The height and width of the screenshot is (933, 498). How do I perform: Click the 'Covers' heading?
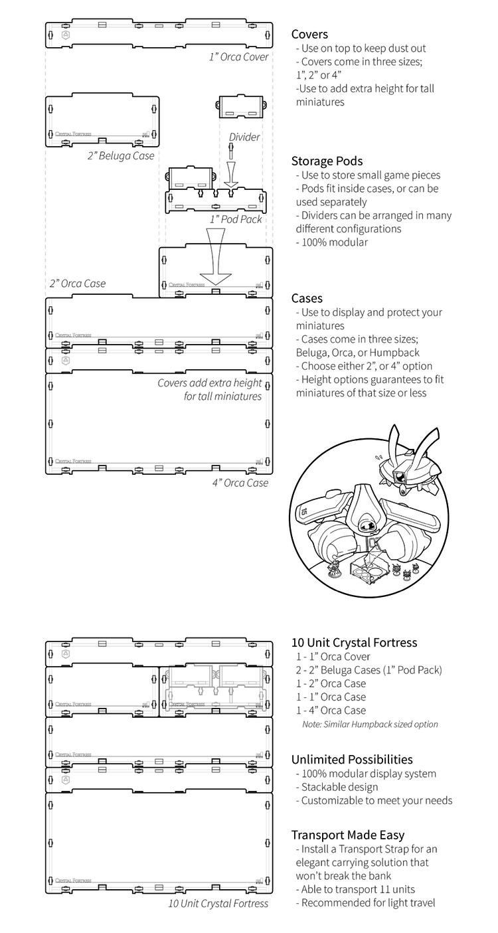(309, 35)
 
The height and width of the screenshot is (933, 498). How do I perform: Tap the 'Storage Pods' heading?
(327, 161)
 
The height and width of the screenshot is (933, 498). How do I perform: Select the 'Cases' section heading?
(307, 299)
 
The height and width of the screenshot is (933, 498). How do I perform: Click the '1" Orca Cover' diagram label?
(238, 57)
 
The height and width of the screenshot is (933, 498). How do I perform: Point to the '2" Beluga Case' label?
(120, 156)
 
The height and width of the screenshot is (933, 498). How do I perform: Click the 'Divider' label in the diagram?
(244, 137)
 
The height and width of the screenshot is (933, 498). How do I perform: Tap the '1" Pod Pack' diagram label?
(236, 219)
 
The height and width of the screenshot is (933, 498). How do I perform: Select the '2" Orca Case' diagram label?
(77, 284)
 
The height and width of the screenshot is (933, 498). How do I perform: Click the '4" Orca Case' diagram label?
(240, 483)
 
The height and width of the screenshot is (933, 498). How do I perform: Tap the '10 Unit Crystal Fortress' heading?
(354, 643)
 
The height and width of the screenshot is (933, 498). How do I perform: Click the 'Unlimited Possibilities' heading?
(352, 760)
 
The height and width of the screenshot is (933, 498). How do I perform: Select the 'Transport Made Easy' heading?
(348, 835)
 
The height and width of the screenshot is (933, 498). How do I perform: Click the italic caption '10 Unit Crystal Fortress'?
(218, 903)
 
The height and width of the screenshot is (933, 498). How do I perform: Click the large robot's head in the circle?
(367, 511)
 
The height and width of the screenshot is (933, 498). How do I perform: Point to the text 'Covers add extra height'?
(209, 383)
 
